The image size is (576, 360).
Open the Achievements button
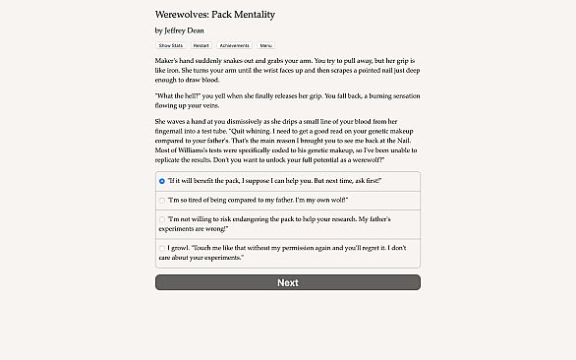click(234, 45)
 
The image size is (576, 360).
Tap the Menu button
click(265, 45)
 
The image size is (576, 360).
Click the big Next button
click(287, 282)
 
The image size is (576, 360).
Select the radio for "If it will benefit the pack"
click(161, 181)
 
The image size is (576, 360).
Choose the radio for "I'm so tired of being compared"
click(161, 200)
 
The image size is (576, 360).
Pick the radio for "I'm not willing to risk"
click(161, 222)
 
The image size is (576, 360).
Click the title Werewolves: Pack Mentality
click(215, 16)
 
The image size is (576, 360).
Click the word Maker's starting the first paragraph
click(168, 61)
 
